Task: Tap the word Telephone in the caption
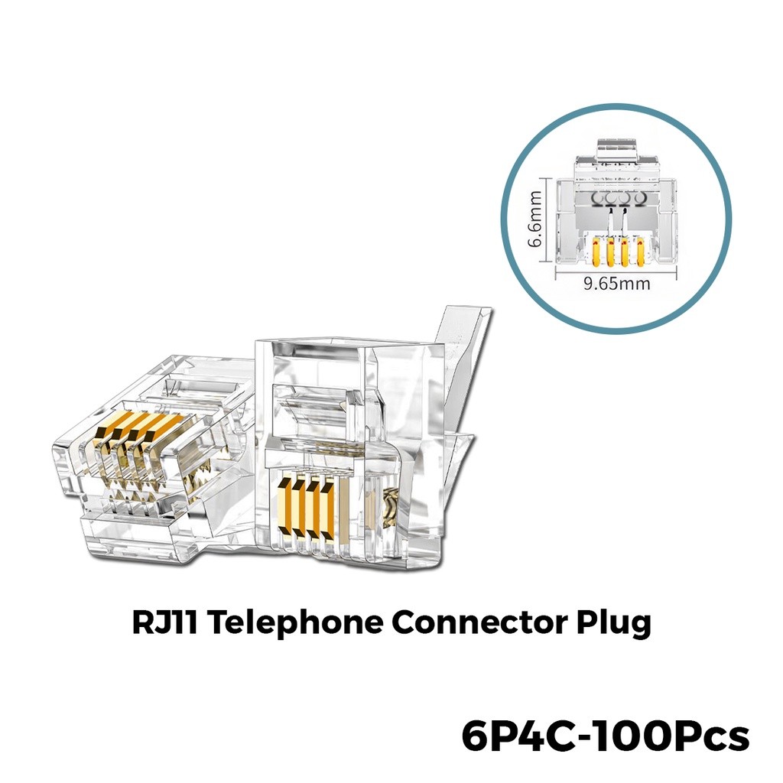point(294,622)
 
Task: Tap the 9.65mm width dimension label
point(616,284)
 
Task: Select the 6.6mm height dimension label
point(538,223)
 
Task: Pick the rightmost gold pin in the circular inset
point(639,251)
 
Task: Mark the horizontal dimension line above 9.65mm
point(616,270)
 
